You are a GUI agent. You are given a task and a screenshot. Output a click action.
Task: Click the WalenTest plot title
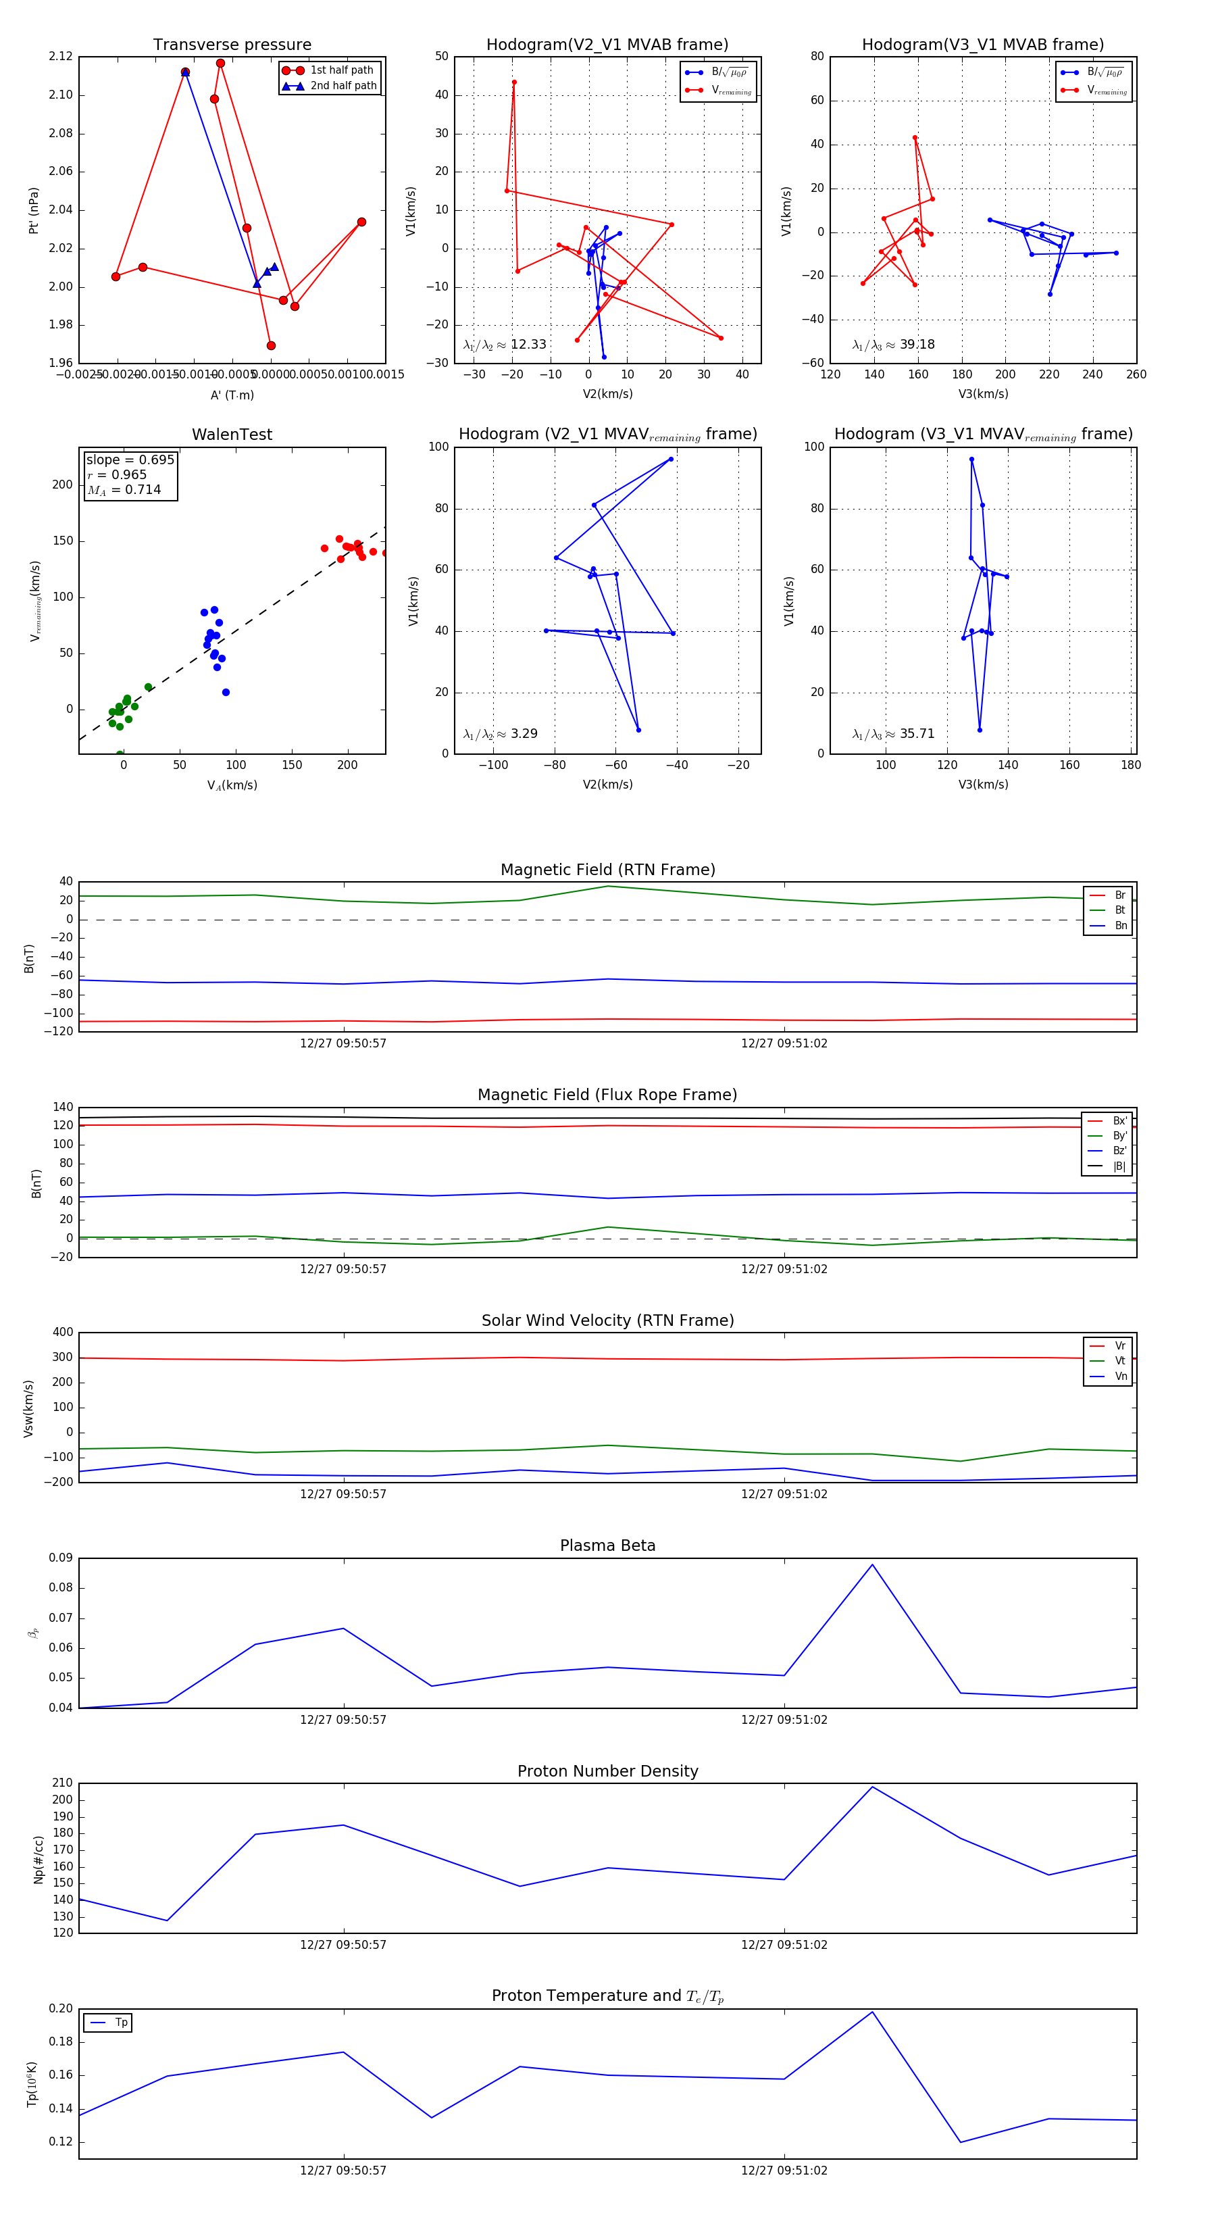point(232,435)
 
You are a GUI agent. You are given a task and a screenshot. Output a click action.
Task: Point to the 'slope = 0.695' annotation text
point(130,460)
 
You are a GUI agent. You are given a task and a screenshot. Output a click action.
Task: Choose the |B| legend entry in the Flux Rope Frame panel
point(1118,1166)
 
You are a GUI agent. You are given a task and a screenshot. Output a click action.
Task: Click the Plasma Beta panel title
point(607,1545)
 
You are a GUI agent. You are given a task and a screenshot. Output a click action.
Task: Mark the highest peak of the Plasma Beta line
point(872,1564)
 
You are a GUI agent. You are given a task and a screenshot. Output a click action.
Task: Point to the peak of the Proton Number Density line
point(872,1787)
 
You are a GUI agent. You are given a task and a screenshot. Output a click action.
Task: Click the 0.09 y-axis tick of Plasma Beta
point(61,1558)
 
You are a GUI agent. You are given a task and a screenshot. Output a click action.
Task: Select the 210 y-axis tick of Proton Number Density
point(62,1783)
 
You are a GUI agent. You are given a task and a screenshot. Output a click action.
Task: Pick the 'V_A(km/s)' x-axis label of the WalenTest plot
point(232,785)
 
